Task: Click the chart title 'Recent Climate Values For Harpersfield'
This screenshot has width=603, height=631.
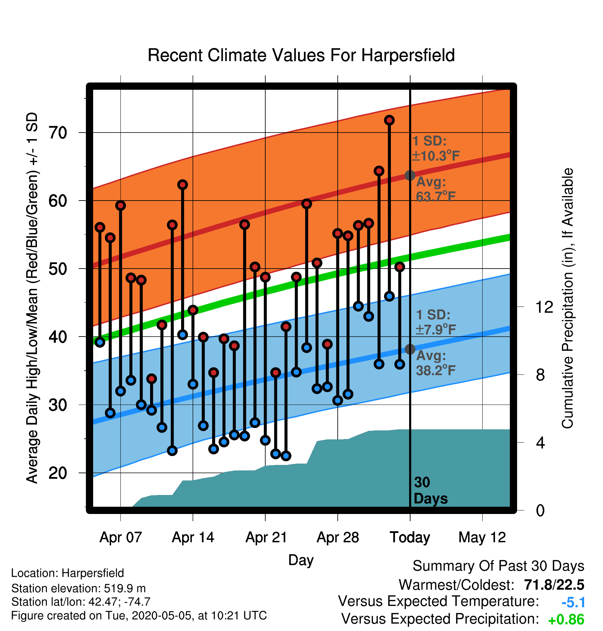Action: [301, 55]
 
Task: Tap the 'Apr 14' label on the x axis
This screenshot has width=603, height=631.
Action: [193, 537]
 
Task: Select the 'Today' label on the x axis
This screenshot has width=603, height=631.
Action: [410, 537]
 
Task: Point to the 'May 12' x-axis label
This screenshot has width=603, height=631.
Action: [482, 537]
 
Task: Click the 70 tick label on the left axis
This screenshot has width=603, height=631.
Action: [58, 133]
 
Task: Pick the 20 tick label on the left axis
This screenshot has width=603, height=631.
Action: [58, 473]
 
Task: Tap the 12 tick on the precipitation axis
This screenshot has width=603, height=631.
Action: [544, 307]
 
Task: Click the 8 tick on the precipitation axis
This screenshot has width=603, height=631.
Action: [540, 375]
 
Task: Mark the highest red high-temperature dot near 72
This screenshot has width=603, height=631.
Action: [389, 120]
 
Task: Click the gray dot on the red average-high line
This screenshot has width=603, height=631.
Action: [410, 175]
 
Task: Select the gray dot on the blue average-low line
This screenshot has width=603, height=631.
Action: [410, 349]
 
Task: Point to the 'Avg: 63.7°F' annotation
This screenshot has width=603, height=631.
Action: [436, 189]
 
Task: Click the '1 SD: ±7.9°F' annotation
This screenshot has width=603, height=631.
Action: [436, 322]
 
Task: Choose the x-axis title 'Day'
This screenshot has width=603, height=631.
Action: [301, 560]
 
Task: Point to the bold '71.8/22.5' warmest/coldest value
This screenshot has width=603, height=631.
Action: [554, 585]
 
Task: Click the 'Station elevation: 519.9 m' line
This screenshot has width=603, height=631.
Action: [78, 588]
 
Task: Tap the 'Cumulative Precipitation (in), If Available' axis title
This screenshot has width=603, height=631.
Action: [567, 299]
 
